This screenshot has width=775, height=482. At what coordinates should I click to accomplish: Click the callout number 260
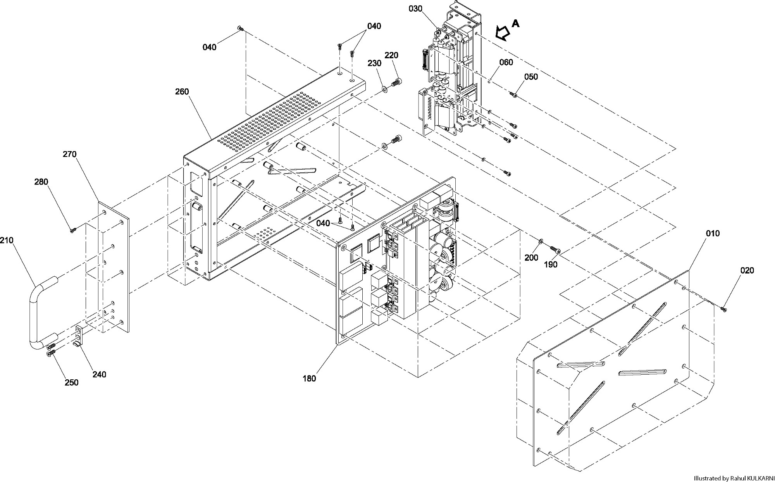pos(182,92)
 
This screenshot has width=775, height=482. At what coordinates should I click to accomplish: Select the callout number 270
pos(70,154)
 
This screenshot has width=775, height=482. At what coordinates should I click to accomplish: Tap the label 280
pos(41,182)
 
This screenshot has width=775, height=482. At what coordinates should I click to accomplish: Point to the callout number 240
pos(99,374)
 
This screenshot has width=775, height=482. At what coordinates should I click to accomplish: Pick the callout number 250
pos(72,383)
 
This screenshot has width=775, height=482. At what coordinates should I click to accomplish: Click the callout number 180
pos(309,379)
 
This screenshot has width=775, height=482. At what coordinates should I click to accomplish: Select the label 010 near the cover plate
pos(713,233)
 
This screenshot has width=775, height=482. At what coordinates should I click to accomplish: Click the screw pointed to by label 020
pos(723,309)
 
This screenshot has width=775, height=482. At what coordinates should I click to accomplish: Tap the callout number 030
pos(415,9)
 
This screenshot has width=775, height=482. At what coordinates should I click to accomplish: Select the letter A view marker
pos(515,24)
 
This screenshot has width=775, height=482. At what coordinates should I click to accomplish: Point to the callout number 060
pos(506,62)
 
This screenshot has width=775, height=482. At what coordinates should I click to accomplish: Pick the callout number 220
pos(391,55)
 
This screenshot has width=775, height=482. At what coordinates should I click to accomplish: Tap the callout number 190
pos(551,264)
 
